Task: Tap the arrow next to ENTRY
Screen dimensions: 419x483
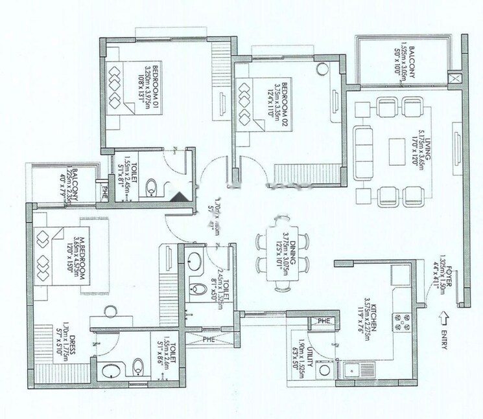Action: [443, 317]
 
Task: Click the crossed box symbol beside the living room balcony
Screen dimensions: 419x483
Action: [456, 80]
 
